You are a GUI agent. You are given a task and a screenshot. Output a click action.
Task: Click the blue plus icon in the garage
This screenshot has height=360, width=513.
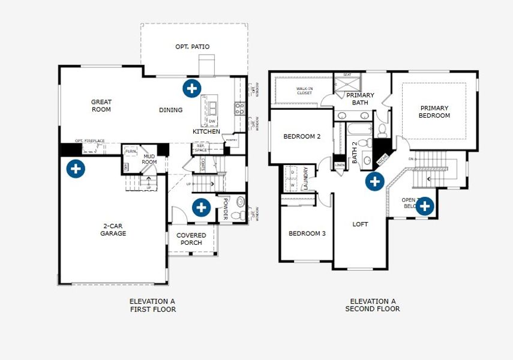pos(75,169)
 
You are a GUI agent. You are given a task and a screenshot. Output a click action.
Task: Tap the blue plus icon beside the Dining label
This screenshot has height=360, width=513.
pos(191,89)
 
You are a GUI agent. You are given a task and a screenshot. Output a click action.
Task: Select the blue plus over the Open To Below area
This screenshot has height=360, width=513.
pos(424,206)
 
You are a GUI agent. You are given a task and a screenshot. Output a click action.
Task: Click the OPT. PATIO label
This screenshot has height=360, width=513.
pos(193,47)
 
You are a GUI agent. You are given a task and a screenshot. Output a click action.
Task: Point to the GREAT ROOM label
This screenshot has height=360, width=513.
pos(101,106)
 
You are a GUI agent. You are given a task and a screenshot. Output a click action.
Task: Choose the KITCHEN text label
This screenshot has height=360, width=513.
pos(206,131)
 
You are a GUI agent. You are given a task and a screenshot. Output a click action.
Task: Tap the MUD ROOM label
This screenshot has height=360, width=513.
pos(149,160)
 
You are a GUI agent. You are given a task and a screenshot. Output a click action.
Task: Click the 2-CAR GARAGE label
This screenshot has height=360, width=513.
pos(113,230)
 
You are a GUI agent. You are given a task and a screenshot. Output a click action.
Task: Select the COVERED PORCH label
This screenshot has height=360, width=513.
pos(191,239)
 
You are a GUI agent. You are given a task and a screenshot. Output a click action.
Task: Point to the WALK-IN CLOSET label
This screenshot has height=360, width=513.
pos(305,91)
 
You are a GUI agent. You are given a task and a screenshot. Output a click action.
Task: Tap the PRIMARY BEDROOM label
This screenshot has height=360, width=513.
pos(434,112)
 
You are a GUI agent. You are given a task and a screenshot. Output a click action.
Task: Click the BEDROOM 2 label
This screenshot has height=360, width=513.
pos(302,137)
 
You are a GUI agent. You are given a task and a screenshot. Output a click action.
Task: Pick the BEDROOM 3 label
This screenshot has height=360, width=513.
pos(307,233)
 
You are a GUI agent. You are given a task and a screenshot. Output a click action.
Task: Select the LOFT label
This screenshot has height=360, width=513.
pos(360,224)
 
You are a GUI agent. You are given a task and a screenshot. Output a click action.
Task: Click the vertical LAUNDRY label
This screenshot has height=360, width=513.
pos(305,178)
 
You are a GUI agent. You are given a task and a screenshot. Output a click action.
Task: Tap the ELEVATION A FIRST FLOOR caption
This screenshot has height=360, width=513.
pos(152,305)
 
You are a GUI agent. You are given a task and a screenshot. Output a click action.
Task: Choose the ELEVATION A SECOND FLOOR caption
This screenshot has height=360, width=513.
pos(373,305)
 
